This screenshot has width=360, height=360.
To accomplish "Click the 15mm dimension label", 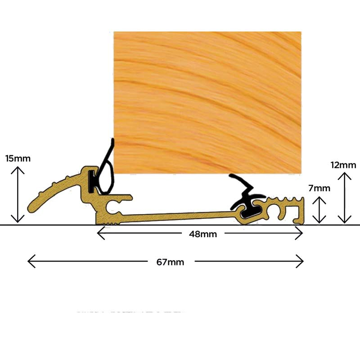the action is click(x=18, y=159).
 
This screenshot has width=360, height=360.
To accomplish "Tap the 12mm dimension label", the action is click(x=343, y=165).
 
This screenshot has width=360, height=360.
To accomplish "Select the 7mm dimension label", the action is click(x=319, y=188).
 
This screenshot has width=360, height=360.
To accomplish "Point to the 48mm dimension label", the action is click(x=203, y=234).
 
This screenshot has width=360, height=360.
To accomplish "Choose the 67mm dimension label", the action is click(x=170, y=262).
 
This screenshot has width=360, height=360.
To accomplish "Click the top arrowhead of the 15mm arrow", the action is click(x=18, y=167).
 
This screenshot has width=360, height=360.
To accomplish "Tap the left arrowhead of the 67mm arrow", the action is click(x=28, y=261).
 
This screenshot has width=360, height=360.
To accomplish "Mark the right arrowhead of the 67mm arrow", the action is click(x=303, y=261).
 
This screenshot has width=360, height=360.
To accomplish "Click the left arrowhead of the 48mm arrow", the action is click(x=98, y=233).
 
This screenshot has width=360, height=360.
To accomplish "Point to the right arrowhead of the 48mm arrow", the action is click(x=302, y=233).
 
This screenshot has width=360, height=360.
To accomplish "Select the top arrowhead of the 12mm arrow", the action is click(x=344, y=173).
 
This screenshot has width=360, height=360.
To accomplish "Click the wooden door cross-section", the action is click(x=207, y=103).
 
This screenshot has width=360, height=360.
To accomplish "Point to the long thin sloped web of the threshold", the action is click(x=178, y=216).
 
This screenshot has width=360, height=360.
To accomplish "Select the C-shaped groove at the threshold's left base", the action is click(x=111, y=206).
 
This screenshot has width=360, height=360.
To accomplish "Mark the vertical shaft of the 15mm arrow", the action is click(x=18, y=195).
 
